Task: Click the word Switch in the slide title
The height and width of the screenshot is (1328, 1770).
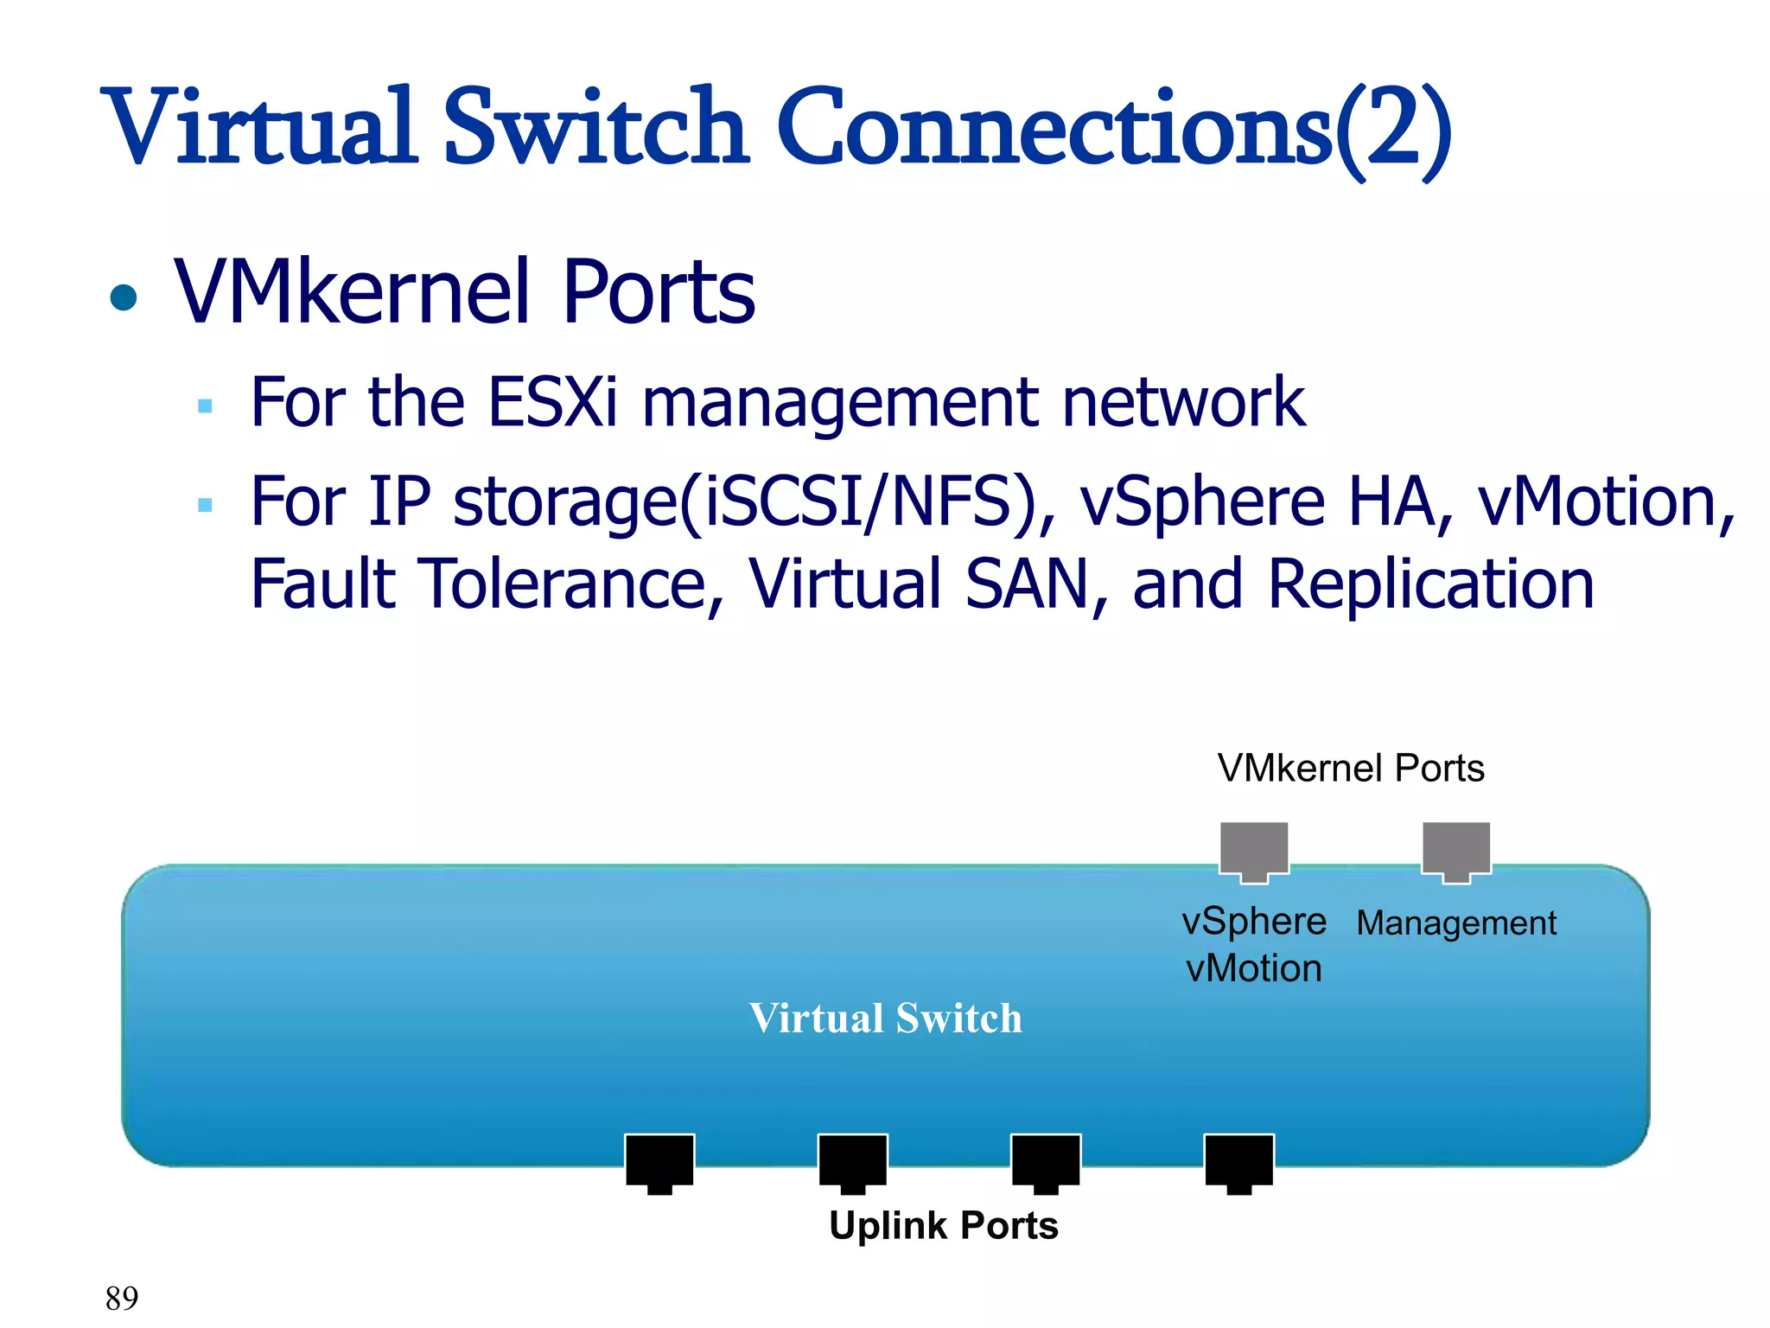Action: [x=595, y=128]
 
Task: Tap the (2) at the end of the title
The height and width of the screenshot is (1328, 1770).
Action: [x=1393, y=130]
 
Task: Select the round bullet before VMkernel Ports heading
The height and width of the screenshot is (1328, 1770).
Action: [x=124, y=297]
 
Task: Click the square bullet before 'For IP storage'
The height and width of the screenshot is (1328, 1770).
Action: [x=205, y=505]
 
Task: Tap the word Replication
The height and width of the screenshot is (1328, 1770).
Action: [x=1431, y=584]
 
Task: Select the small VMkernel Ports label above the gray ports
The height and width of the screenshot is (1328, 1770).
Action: [x=1351, y=768]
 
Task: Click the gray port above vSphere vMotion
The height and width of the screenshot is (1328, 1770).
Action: [x=1254, y=851]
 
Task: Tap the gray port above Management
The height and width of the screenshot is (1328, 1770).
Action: [x=1456, y=851]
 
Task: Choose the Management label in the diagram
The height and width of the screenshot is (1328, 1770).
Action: [x=1456, y=923]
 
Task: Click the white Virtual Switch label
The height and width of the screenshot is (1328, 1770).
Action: [x=886, y=1018]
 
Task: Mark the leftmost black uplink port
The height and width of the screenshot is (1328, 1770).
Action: [x=659, y=1162]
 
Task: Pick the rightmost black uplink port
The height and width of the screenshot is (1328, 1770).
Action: [x=1239, y=1162]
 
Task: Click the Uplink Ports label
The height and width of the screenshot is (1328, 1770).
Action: [x=944, y=1225]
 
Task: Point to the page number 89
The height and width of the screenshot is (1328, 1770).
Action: [x=122, y=1298]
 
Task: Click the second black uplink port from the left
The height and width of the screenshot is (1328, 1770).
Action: [x=853, y=1162]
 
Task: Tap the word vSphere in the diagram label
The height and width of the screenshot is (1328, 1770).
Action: [x=1254, y=922]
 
